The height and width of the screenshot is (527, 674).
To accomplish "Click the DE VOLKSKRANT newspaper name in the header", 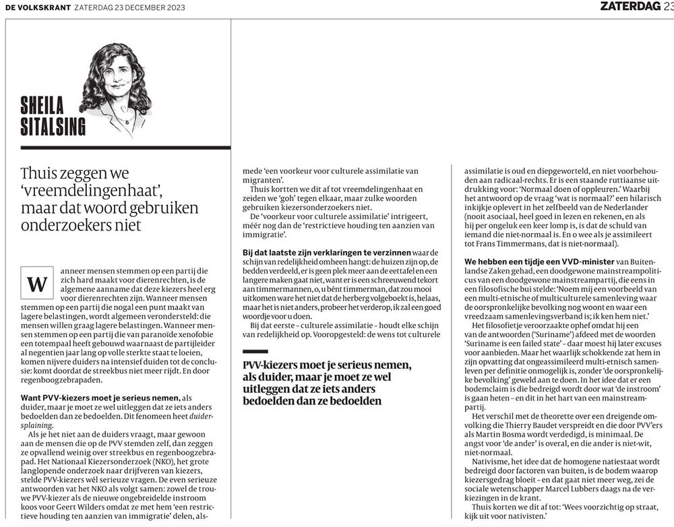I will coord(32,7).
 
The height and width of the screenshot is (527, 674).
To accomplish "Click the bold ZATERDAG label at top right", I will coord(630,7).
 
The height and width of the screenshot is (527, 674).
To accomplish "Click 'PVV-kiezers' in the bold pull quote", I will coord(274,365).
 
